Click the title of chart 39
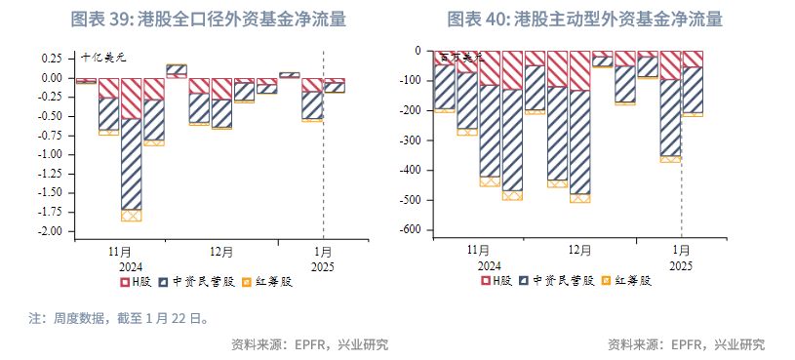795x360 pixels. (208, 20)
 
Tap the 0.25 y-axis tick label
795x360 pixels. (52, 59)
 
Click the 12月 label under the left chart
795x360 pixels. (220, 252)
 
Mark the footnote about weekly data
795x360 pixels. (117, 318)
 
